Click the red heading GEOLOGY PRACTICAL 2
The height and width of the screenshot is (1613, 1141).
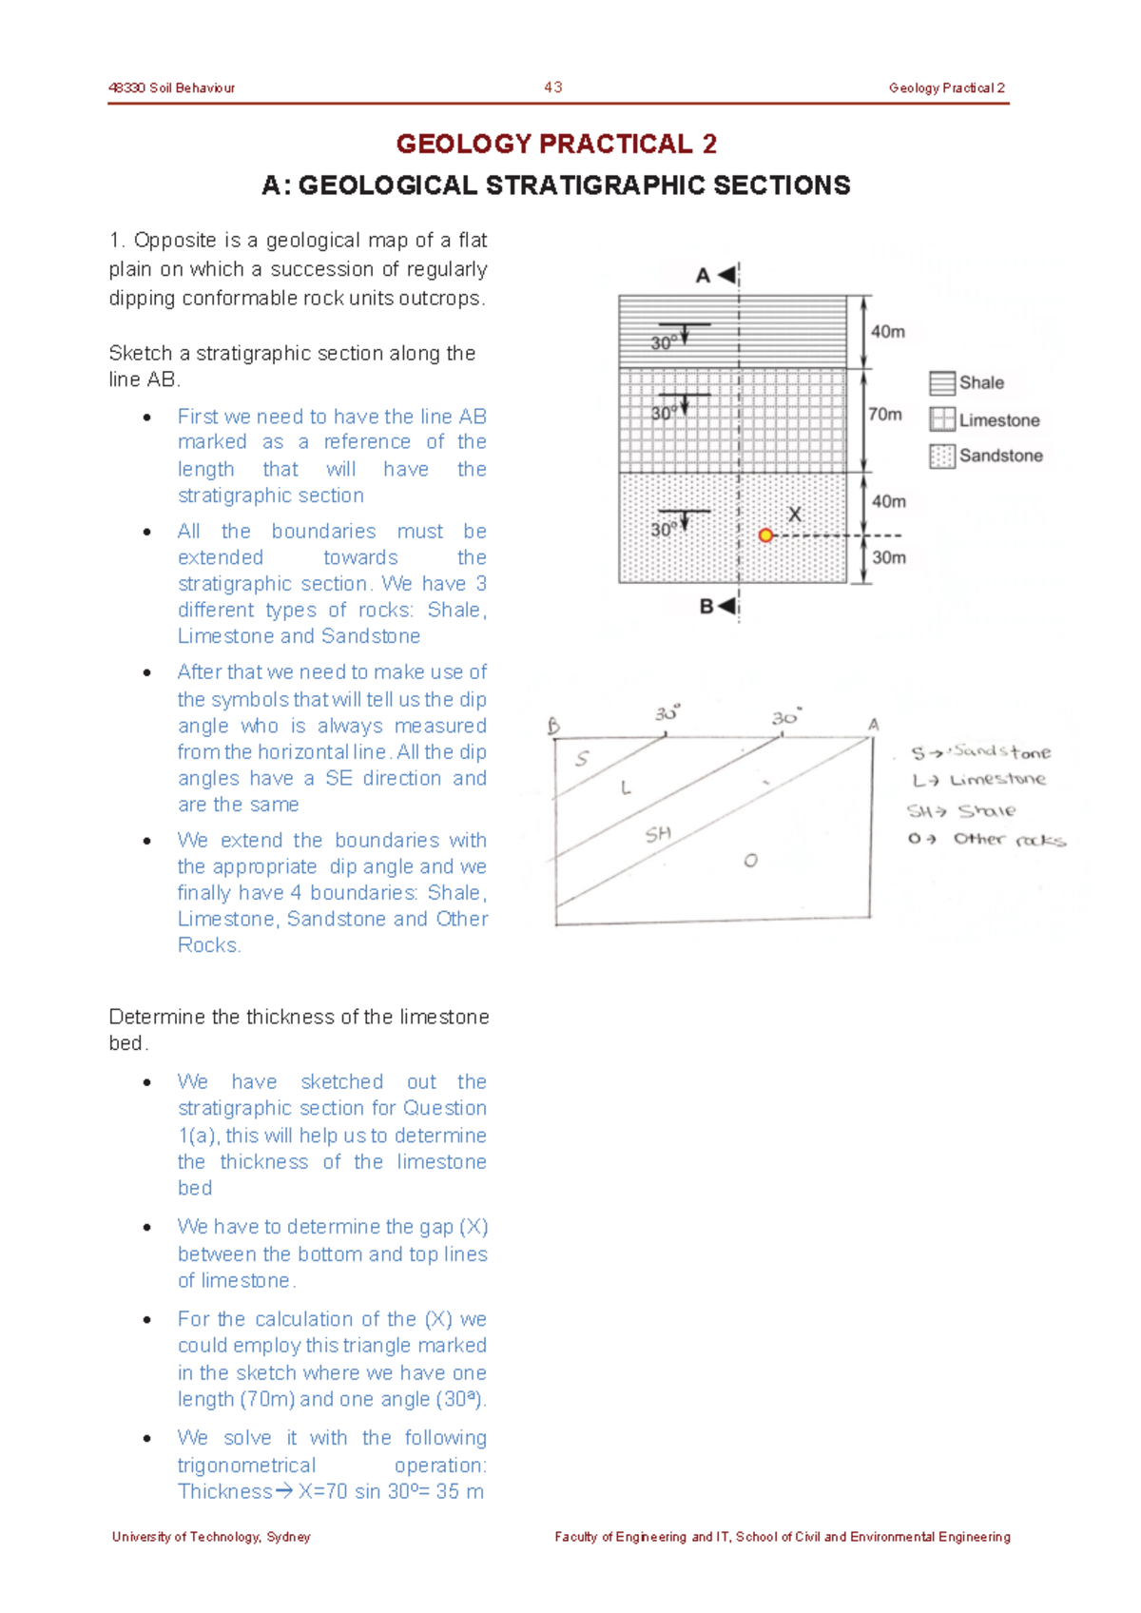tap(556, 144)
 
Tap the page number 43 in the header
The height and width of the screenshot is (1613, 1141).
tap(553, 87)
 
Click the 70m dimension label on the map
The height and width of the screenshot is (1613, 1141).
tap(884, 414)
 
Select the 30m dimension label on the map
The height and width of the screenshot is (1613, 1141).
tap(889, 557)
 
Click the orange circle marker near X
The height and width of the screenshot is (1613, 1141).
tap(765, 535)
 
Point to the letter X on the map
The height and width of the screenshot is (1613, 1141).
tap(795, 515)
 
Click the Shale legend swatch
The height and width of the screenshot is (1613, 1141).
tap(941, 383)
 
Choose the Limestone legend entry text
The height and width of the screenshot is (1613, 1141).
tap(998, 420)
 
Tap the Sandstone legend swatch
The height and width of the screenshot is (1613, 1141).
tap(941, 457)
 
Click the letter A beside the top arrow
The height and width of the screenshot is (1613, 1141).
tap(703, 276)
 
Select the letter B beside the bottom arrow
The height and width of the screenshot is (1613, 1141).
tap(706, 607)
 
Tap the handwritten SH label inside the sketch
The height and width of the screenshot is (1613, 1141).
tap(658, 834)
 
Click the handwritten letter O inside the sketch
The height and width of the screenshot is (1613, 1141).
tap(750, 861)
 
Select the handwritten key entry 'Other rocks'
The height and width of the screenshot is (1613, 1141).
tap(1008, 840)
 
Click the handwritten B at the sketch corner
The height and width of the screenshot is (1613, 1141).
tap(554, 727)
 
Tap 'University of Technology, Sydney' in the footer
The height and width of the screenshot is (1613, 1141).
tap(211, 1537)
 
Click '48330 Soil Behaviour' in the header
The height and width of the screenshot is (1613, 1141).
tap(172, 87)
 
